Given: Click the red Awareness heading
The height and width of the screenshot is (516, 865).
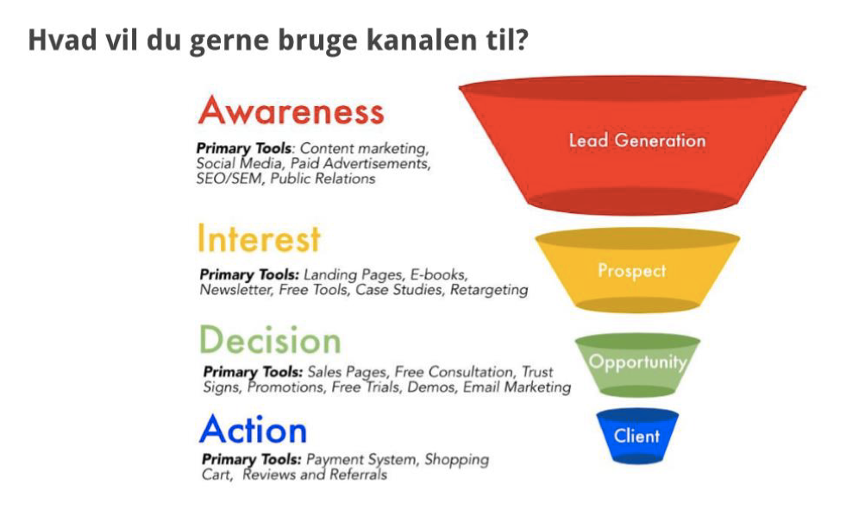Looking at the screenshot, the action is tap(291, 111).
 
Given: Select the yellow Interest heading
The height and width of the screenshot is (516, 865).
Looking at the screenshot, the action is tap(259, 239).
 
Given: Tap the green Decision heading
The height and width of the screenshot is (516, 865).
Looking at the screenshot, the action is tap(270, 339).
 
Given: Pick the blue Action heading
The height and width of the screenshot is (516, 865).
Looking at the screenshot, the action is tap(254, 430).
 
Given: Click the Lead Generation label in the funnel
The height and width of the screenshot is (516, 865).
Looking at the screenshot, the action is tap(637, 140).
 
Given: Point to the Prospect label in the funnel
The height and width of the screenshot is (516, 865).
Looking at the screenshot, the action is tap(632, 270).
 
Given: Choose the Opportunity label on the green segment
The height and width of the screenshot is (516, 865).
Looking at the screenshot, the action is tap(637, 362).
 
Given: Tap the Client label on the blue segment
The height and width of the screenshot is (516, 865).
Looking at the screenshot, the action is tap(636, 436).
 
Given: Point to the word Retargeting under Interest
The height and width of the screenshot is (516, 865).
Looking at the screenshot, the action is tap(489, 290).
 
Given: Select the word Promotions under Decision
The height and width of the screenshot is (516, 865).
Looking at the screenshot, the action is tap(285, 387).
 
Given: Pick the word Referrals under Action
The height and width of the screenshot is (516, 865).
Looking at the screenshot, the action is tap(358, 475).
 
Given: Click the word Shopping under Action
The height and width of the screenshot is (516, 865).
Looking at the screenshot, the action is tap(457, 460).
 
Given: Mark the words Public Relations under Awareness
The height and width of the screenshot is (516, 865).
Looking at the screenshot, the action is tap(323, 179).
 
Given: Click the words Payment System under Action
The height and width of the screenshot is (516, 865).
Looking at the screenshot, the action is tap(364, 460).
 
